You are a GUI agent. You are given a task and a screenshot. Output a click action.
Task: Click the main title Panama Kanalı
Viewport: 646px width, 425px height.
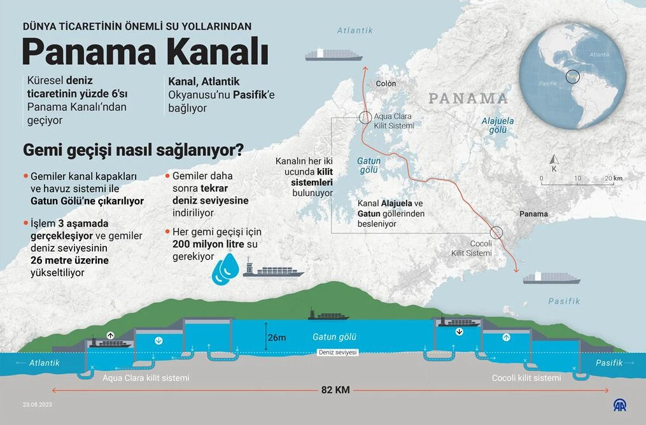click(x=145, y=52)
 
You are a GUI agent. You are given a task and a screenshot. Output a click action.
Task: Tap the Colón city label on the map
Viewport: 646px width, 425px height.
click(x=386, y=83)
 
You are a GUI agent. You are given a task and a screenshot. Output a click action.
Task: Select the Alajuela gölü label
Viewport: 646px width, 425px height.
click(x=498, y=125)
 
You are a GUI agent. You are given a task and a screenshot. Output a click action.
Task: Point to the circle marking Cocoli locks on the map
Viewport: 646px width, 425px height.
click(x=496, y=233)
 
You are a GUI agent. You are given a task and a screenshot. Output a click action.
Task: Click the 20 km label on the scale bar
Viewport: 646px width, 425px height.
click(x=612, y=178)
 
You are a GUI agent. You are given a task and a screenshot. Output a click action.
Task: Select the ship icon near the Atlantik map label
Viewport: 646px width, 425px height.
click(x=334, y=55)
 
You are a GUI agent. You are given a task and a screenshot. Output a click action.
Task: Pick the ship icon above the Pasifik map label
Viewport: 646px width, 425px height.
click(x=552, y=277)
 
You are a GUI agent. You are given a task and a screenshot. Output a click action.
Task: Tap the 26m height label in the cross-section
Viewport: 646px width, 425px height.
click(x=277, y=337)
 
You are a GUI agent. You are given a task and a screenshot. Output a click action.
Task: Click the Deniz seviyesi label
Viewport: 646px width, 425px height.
click(x=337, y=352)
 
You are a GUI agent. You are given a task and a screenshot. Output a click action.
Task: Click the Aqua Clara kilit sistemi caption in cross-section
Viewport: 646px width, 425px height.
click(x=146, y=378)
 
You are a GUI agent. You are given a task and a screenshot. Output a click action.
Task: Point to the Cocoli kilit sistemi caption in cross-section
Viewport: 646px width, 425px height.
click(x=526, y=378)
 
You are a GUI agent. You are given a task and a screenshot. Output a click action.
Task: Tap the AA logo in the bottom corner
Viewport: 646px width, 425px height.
click(x=620, y=405)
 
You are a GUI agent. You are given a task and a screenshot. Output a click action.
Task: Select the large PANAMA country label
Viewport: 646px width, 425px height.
click(x=468, y=99)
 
